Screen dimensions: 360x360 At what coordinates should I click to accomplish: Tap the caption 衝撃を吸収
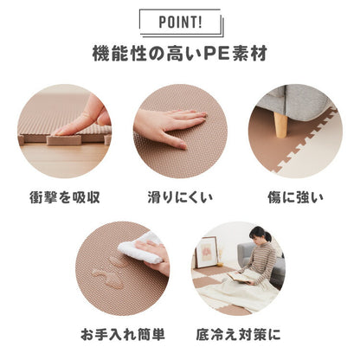(x=65, y=196)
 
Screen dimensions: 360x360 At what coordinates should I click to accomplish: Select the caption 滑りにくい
(x=179, y=196)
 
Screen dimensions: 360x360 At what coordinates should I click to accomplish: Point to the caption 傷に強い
(x=294, y=196)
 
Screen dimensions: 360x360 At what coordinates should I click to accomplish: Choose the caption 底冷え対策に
(x=238, y=333)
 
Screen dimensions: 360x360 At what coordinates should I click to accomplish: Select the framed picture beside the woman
(x=207, y=252)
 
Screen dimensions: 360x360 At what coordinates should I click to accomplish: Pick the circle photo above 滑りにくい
(x=180, y=131)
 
